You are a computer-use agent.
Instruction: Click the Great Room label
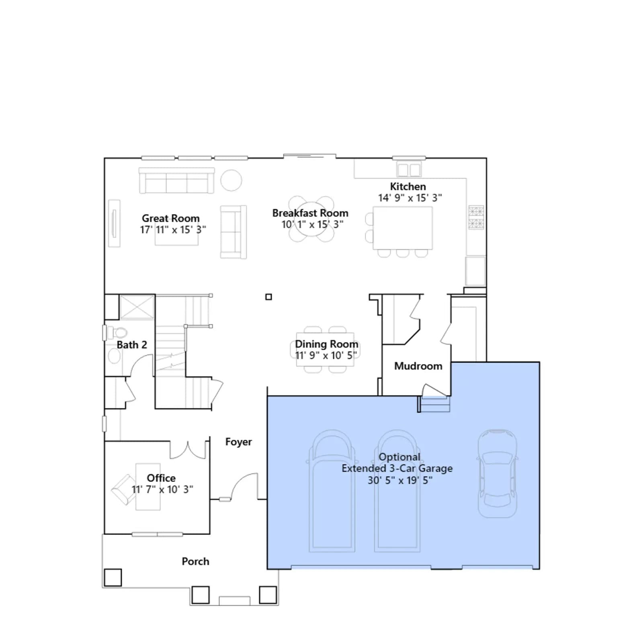171,218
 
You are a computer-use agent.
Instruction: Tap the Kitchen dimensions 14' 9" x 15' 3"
410,198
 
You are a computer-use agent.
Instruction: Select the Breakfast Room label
310,213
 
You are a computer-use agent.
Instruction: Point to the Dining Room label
326,344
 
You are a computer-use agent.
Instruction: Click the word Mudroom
418,366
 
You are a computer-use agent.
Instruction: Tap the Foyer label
239,442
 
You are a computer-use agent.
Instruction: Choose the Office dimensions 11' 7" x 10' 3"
162,489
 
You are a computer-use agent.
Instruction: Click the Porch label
195,561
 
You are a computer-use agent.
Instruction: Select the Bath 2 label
132,345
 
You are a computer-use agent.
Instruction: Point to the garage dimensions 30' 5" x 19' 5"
400,480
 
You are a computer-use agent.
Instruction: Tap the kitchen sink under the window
409,169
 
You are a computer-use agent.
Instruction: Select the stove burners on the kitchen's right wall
476,217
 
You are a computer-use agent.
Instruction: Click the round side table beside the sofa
231,180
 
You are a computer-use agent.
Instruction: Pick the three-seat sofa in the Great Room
176,181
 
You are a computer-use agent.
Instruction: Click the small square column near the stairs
269,297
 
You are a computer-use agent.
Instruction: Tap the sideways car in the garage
497,473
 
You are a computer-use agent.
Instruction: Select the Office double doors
188,450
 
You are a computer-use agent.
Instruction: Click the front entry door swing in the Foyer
244,487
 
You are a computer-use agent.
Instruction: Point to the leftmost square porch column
113,577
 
